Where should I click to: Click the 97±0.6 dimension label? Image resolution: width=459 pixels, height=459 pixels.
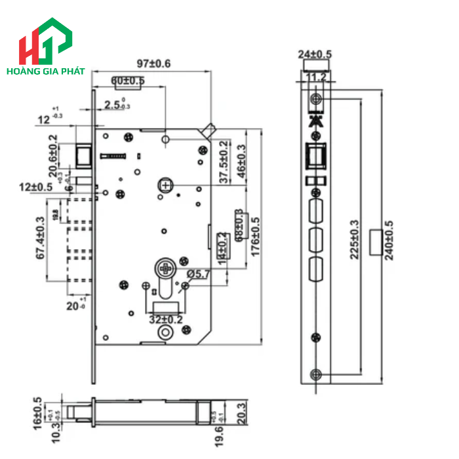pyautogui.click(x=153, y=64)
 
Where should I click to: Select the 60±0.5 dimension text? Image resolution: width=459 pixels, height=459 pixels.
pyautogui.click(x=127, y=81)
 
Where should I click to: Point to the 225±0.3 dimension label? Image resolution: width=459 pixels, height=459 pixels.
pyautogui.click(x=355, y=239)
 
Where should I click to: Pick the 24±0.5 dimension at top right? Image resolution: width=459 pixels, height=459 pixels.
pyautogui.click(x=315, y=54)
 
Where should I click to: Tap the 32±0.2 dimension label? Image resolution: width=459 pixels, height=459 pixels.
pyautogui.click(x=165, y=319)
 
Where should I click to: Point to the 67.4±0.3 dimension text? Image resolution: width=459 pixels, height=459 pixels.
pyautogui.click(x=40, y=239)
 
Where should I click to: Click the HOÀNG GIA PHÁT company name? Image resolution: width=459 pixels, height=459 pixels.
pyautogui.click(x=45, y=70)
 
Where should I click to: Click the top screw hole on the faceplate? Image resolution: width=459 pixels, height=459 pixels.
pyautogui.click(x=316, y=99)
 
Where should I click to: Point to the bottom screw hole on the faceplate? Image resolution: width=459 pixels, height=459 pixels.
pyautogui.click(x=316, y=374)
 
